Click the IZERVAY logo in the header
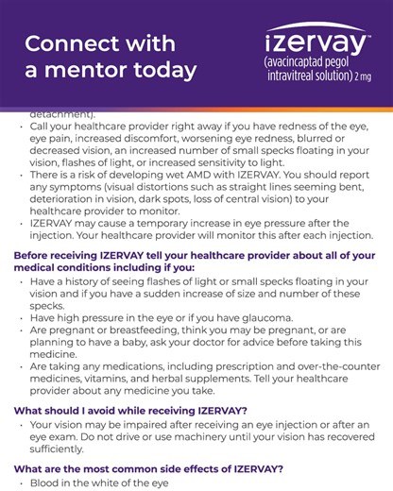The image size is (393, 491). [x=316, y=42]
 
